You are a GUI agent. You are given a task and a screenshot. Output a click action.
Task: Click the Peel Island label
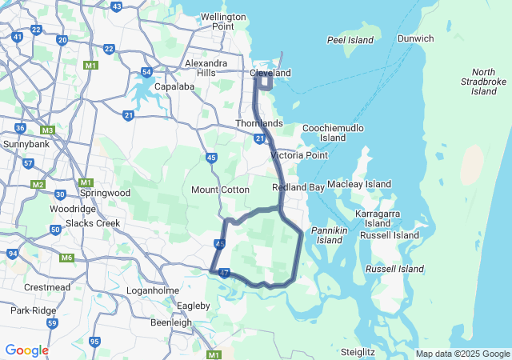[x=351, y=39]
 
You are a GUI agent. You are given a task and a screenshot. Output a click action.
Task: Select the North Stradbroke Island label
[x=483, y=82]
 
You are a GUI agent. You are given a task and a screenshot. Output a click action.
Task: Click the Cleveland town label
[x=270, y=73]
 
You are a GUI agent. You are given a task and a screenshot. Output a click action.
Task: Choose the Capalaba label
[x=175, y=86]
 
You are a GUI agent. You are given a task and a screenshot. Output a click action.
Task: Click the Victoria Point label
[x=299, y=155]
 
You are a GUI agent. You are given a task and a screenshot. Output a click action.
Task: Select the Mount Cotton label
[x=220, y=190]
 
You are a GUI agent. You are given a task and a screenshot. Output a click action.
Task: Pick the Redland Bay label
[x=298, y=187]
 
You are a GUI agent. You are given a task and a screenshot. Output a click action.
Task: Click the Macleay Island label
[x=359, y=184]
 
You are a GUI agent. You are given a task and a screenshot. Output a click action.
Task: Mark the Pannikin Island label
[x=329, y=234]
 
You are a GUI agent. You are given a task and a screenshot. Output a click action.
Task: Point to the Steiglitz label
[x=358, y=351]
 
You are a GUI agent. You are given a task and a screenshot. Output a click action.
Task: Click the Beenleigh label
[x=171, y=322]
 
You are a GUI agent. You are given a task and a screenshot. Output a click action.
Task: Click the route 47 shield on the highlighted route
[x=224, y=274]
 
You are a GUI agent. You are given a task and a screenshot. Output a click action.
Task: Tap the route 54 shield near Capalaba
[x=146, y=72]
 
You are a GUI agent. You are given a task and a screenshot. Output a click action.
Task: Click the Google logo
[x=26, y=350]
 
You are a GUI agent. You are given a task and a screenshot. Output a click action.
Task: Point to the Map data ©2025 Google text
[x=462, y=354]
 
